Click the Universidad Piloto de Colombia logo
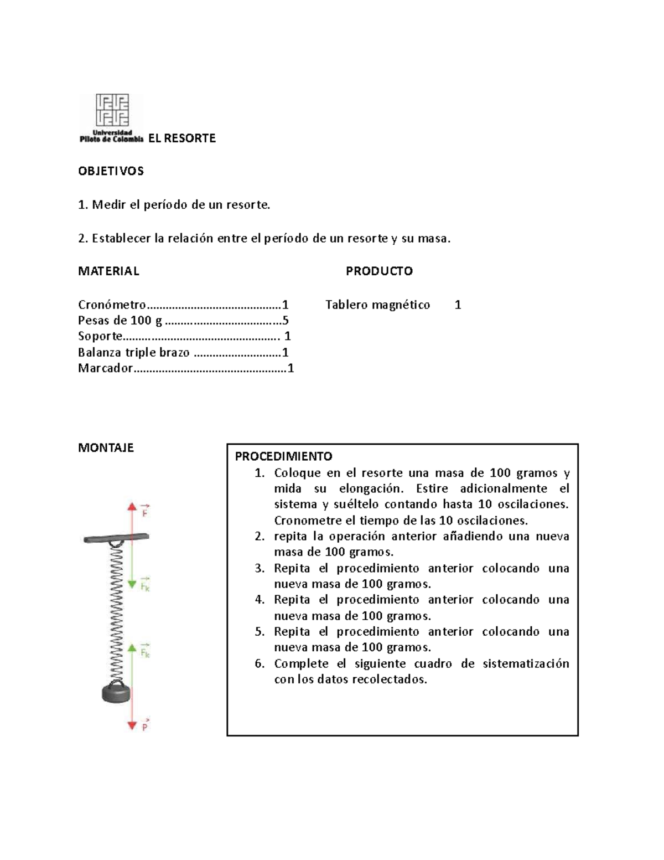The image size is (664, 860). pyautogui.click(x=111, y=118)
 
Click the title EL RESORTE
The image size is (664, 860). pyautogui.click(x=182, y=138)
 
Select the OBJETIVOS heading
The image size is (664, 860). pyautogui.click(x=111, y=171)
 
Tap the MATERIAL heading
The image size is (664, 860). pyautogui.click(x=108, y=271)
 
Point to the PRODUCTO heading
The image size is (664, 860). pyautogui.click(x=379, y=271)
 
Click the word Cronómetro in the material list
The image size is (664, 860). pyautogui.click(x=112, y=305)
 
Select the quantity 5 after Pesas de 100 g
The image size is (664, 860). pyautogui.click(x=286, y=320)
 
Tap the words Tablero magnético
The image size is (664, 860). pyautogui.click(x=377, y=305)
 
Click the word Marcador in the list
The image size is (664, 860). pyautogui.click(x=105, y=368)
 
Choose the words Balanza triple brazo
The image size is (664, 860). pyautogui.click(x=134, y=352)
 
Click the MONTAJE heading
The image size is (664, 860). pyautogui.click(x=106, y=447)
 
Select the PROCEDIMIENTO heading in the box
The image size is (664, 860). pyautogui.click(x=284, y=456)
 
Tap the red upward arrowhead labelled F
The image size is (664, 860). pyautogui.click(x=132, y=506)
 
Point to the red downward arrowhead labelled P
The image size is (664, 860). pyautogui.click(x=132, y=725)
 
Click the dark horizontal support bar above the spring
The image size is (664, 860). pyautogui.click(x=116, y=537)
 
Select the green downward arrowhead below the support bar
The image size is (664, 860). pyautogui.click(x=132, y=584)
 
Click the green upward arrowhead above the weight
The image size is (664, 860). pyautogui.click(x=132, y=646)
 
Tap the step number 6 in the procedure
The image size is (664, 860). pyautogui.click(x=260, y=663)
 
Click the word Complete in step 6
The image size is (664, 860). pyautogui.click(x=298, y=663)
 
